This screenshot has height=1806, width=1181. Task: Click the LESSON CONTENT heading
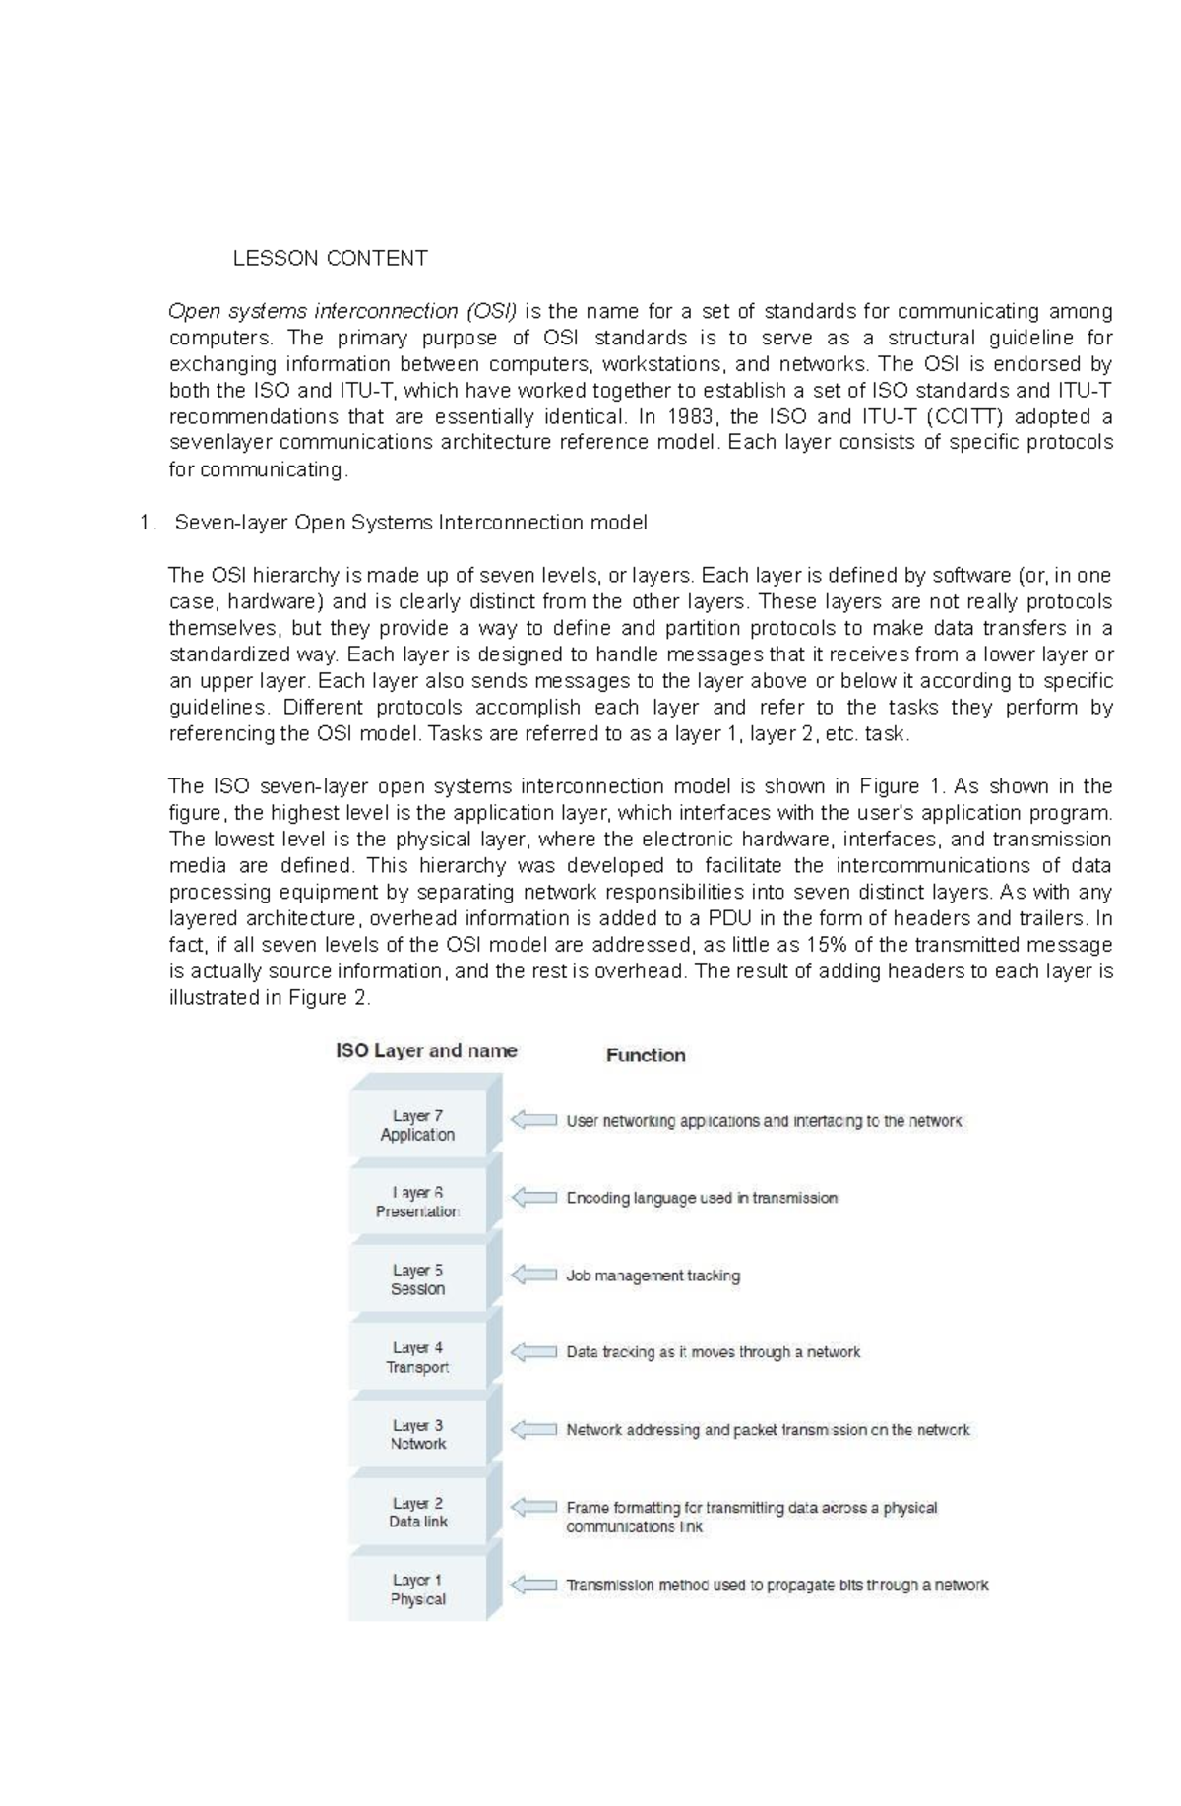[330, 259]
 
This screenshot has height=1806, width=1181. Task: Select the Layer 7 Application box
[417, 1125]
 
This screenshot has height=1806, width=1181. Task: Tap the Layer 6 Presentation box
[417, 1202]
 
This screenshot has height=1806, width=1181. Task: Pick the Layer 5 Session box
[417, 1279]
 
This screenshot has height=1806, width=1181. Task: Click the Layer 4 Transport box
[417, 1357]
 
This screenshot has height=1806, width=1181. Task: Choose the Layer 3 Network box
[417, 1434]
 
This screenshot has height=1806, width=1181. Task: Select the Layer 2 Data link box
[417, 1512]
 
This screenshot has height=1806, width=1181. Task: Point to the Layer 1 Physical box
[417, 1589]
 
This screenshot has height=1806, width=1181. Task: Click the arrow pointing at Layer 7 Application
[533, 1120]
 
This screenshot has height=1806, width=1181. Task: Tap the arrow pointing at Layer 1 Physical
[533, 1585]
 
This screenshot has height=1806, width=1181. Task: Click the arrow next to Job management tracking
[533, 1275]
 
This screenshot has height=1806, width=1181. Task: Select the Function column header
[646, 1055]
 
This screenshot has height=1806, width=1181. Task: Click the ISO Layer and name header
[426, 1051]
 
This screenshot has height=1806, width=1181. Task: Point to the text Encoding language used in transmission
[702, 1198]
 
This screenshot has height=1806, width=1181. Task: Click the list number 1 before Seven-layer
[147, 523]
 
